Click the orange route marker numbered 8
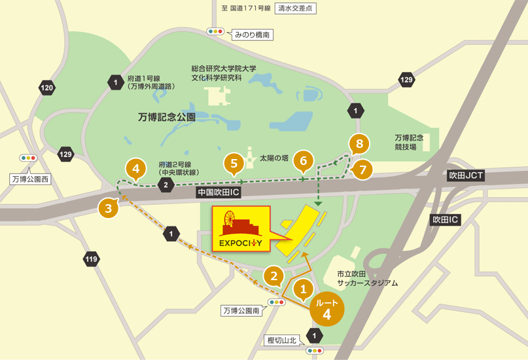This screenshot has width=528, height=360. pyautogui.click(x=359, y=143)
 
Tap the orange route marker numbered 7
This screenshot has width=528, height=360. pyautogui.click(x=363, y=169)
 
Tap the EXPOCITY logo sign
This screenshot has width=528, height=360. pyautogui.click(x=240, y=229)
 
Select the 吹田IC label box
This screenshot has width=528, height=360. pyautogui.click(x=445, y=221)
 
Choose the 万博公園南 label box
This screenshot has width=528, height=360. pyautogui.click(x=241, y=311)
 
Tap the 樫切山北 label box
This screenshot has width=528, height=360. pyautogui.click(x=283, y=340)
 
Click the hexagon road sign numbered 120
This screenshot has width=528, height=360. pyautogui.click(x=47, y=88)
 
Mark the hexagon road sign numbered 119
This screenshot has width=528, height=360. pyautogui.click(x=91, y=260)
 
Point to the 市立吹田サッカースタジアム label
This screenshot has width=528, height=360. pyautogui.click(x=366, y=278)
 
